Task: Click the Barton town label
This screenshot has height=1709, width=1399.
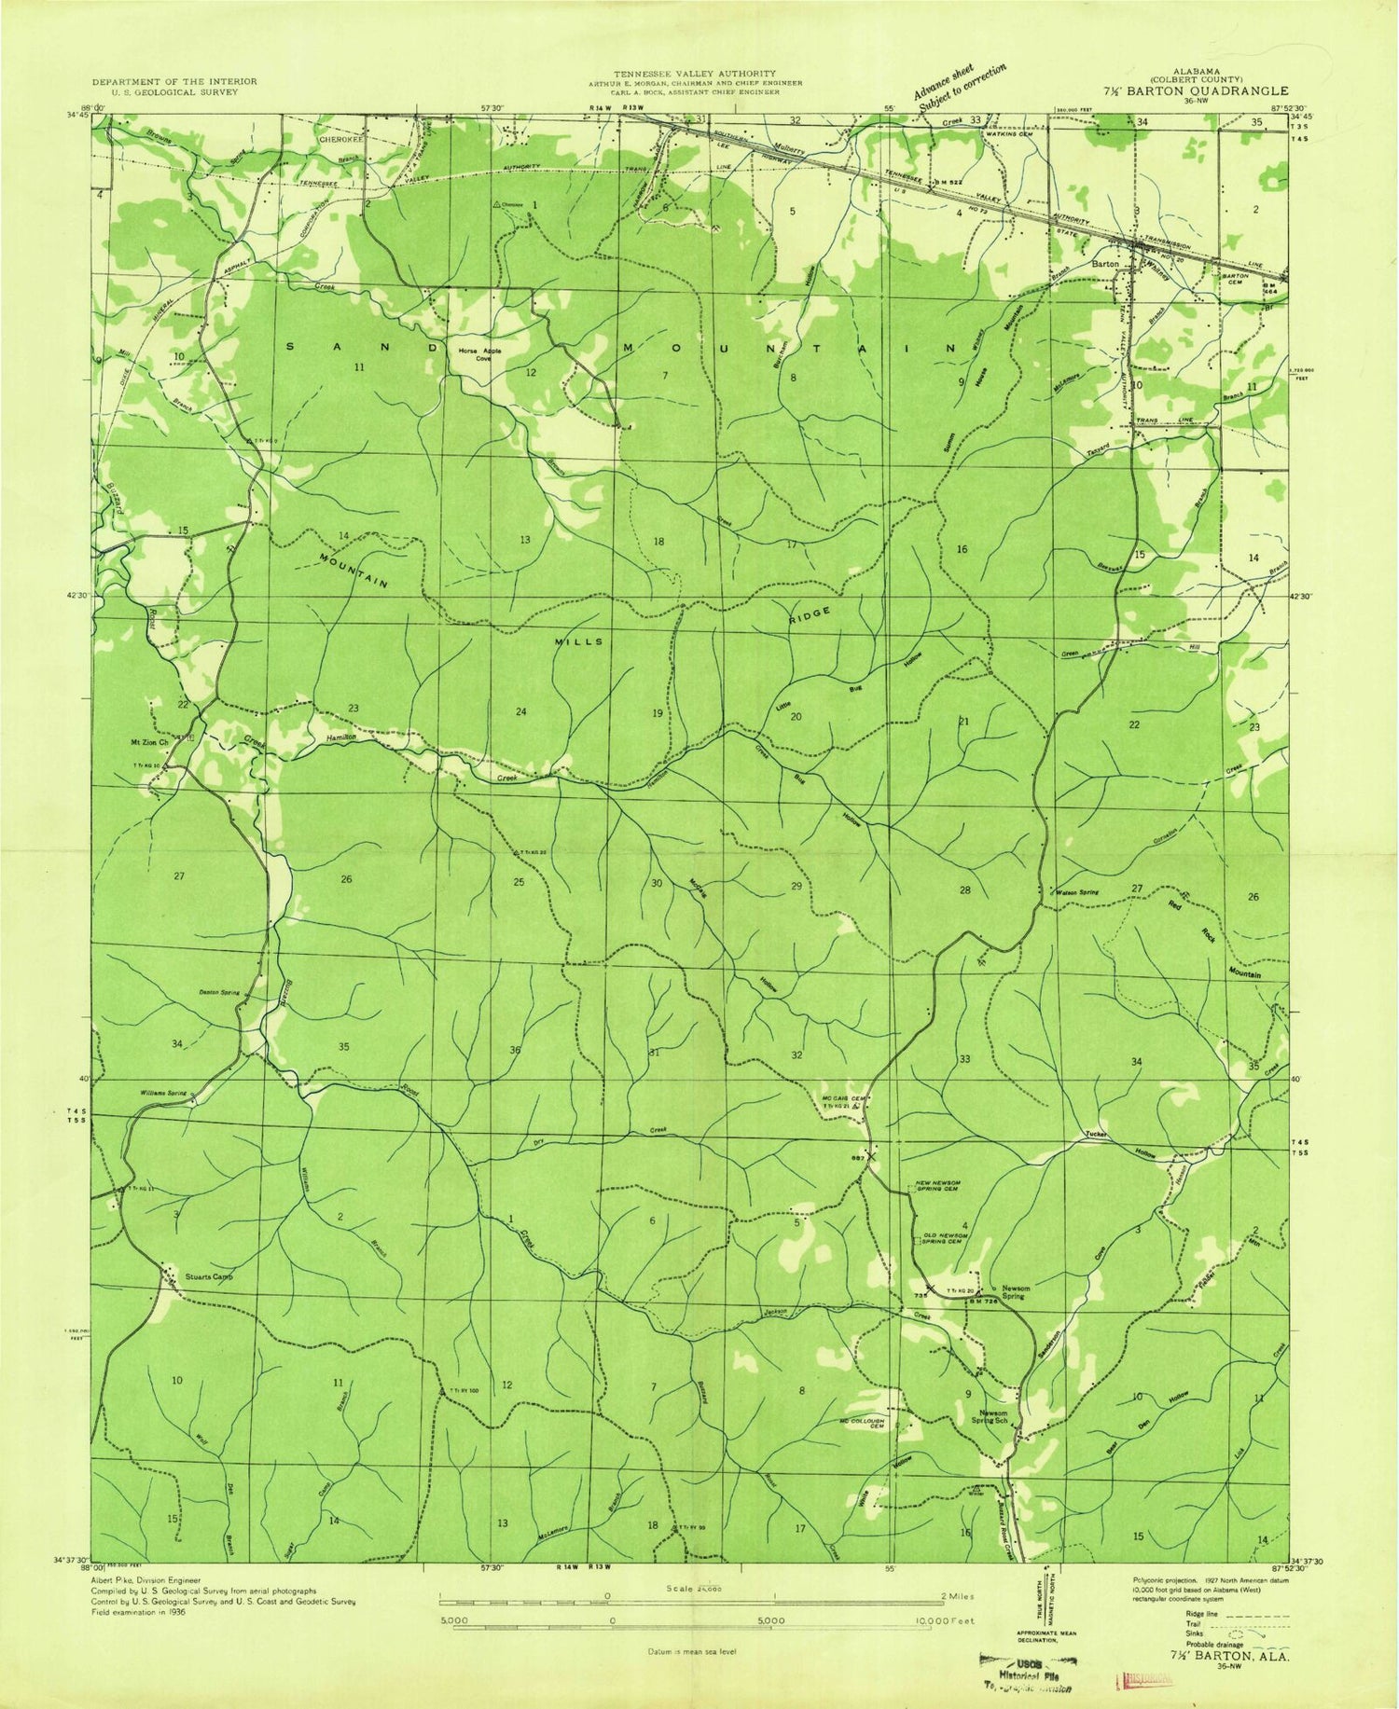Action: pos(1104,264)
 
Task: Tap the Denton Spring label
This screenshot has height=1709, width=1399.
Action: pos(218,994)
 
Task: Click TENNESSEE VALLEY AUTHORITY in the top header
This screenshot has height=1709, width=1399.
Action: pos(693,73)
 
